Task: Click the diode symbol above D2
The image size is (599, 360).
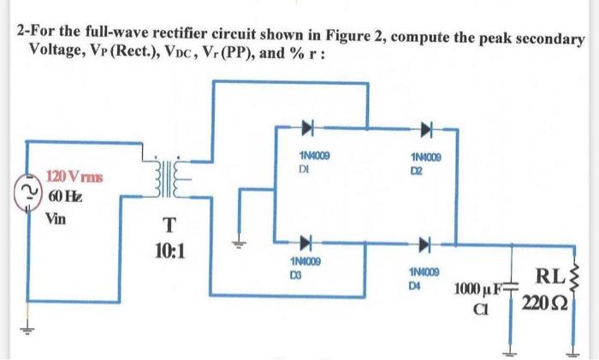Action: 425,130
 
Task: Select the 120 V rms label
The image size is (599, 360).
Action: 74,178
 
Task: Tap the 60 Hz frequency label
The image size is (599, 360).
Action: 64,198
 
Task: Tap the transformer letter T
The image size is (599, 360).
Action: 171,227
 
